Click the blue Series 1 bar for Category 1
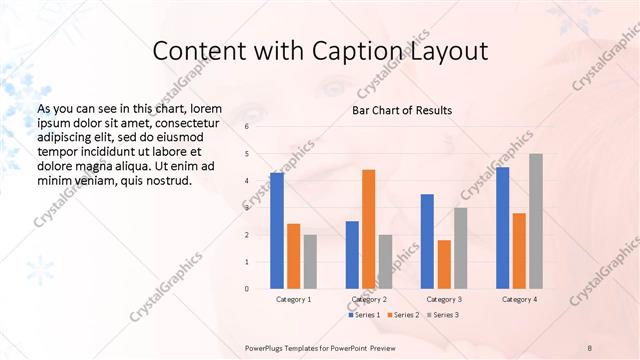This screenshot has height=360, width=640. pyautogui.click(x=277, y=231)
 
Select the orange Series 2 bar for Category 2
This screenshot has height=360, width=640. pyautogui.click(x=369, y=229)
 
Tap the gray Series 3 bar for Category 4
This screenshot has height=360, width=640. pyautogui.click(x=536, y=221)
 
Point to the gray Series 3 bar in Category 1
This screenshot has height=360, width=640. pyautogui.click(x=310, y=262)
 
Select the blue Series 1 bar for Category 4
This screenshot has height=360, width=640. pyautogui.click(x=503, y=228)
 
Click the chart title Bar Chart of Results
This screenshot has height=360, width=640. pyautogui.click(x=402, y=110)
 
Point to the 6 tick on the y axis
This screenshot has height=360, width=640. pyautogui.click(x=246, y=127)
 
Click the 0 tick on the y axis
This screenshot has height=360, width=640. pyautogui.click(x=246, y=289)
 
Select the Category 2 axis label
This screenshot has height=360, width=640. pyautogui.click(x=368, y=299)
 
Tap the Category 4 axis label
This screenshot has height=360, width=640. pyautogui.click(x=519, y=299)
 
